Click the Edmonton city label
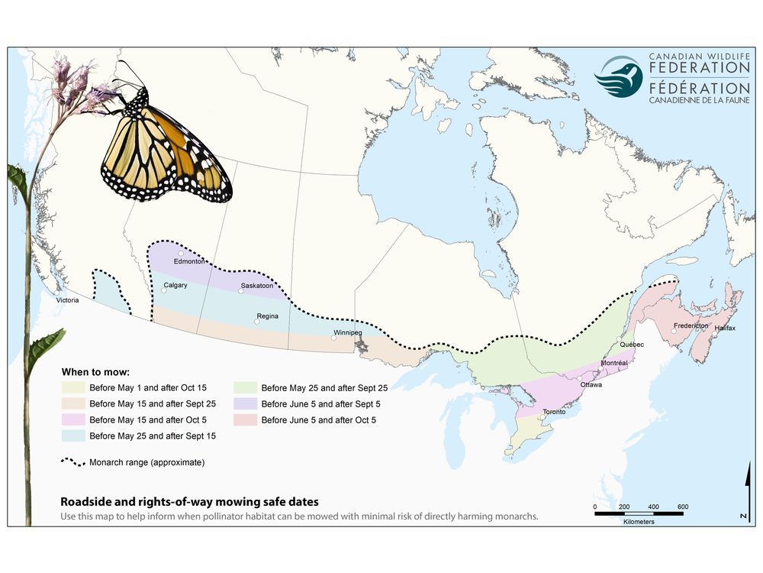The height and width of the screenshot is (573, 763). [x=189, y=261]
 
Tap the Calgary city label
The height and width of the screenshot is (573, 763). [x=175, y=286]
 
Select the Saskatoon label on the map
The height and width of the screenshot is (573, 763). [x=256, y=286]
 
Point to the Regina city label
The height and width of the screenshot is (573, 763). [x=268, y=316]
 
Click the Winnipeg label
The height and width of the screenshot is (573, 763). [x=347, y=333]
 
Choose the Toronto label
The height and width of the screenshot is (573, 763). [x=554, y=412]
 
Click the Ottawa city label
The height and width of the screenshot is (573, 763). [x=591, y=384]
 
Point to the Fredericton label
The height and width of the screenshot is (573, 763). [x=691, y=326]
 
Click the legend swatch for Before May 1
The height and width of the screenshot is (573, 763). [x=72, y=387]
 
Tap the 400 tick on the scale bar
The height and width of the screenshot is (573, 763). [x=653, y=507]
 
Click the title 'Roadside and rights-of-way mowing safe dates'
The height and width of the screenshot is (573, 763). [x=190, y=502]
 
